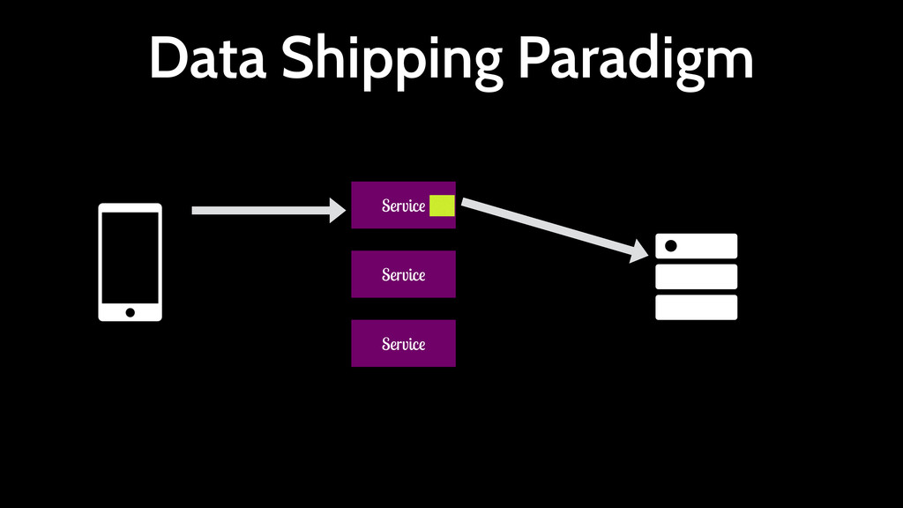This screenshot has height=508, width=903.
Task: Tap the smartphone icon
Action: coord(130,262)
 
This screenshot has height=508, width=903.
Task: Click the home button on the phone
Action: coord(130,312)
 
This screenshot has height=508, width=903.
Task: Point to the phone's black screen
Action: coord(130,256)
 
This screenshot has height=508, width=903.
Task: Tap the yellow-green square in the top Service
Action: coord(442,205)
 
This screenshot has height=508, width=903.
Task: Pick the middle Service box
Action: coord(403,274)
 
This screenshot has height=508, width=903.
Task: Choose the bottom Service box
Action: coord(403,343)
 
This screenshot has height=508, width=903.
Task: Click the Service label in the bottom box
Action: coord(403,344)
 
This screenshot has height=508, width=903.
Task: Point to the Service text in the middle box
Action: coord(403,275)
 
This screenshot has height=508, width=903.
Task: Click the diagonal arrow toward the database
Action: coord(547,227)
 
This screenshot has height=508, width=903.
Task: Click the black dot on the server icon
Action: coord(670,246)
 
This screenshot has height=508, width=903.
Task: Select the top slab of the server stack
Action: coord(705,246)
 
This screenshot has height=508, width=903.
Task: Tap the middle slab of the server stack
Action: coord(696,277)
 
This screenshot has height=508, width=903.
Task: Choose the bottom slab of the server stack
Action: coord(696,308)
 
